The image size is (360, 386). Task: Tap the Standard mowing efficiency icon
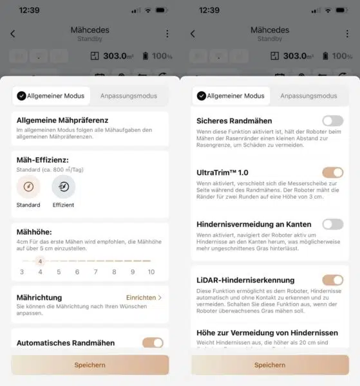point(28,187)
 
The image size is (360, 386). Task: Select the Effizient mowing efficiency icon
point(63,187)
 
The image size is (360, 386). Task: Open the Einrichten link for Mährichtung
point(144,298)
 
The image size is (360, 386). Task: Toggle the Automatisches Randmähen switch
point(153,343)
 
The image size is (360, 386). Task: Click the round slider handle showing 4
point(40,261)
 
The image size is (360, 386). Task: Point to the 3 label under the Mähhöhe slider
point(22,272)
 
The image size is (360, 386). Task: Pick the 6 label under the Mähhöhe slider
point(77,272)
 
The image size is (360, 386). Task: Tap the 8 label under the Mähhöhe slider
point(115,272)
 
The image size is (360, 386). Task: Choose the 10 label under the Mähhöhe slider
point(151,272)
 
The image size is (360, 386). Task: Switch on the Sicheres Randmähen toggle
point(332,120)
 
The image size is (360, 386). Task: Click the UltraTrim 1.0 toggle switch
point(332,172)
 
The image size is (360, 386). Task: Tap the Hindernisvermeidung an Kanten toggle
point(332,224)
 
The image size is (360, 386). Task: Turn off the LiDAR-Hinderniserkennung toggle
point(332,280)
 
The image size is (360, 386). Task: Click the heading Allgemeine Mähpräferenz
point(62,120)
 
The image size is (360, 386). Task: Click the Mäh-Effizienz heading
point(43,160)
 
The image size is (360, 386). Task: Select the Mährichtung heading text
point(39,298)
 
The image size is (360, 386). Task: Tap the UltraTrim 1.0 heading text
point(222,172)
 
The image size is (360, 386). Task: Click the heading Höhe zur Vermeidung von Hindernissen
point(267,333)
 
